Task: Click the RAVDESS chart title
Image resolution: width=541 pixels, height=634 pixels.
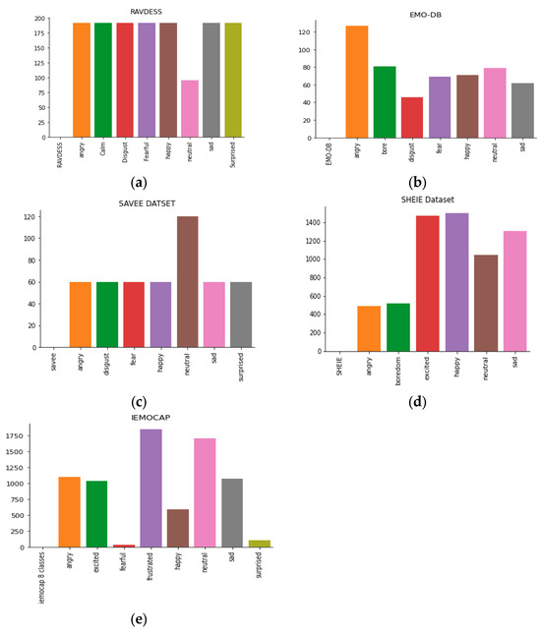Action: tap(146, 12)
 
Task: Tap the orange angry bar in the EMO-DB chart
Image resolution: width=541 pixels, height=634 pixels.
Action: tap(356, 82)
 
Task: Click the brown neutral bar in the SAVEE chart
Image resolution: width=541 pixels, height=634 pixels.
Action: tap(187, 282)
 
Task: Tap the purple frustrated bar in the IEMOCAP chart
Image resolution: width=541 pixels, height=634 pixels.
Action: tap(150, 488)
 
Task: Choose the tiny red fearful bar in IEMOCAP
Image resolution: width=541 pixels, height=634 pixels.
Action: tap(124, 546)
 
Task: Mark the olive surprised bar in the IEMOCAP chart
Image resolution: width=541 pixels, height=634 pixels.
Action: tap(260, 544)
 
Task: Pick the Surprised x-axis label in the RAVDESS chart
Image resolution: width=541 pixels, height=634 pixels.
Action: tap(232, 156)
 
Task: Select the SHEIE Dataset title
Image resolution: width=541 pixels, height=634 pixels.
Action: tap(427, 200)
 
